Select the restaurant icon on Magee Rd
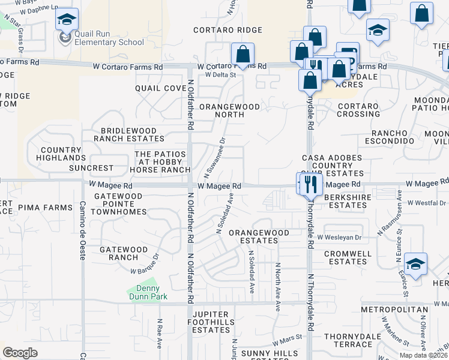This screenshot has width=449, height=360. [x=310, y=184]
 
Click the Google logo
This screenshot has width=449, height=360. [x=20, y=353]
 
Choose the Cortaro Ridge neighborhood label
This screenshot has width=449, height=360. [x=228, y=30]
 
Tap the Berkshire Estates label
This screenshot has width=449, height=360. [x=345, y=201]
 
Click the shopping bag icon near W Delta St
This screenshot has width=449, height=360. [x=243, y=55]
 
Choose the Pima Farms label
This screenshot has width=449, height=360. [x=45, y=207]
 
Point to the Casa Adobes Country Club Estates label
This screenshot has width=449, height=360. [x=327, y=166]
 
